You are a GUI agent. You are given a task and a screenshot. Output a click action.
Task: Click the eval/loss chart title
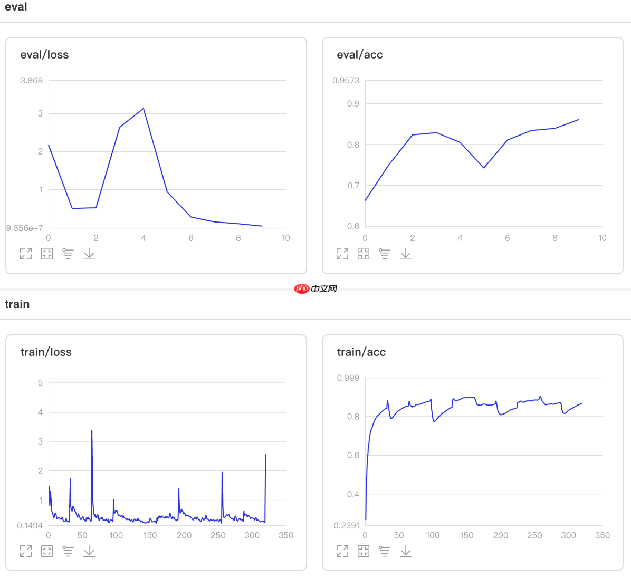(44, 55)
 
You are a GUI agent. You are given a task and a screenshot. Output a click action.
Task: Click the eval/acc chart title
(360, 55)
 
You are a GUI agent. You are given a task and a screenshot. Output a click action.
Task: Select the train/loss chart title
(46, 352)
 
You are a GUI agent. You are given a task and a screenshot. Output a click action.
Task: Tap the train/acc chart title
(361, 352)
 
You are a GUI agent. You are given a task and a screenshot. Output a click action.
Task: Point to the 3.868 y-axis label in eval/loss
(32, 81)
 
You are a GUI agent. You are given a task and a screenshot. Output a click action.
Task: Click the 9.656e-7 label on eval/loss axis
(24, 228)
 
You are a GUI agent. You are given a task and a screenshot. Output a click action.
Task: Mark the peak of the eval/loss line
(144, 109)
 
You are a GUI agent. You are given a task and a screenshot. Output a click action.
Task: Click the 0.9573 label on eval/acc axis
(346, 81)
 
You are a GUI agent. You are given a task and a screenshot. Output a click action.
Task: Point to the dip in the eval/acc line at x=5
(484, 168)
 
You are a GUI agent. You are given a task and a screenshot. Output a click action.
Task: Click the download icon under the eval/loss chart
(89, 254)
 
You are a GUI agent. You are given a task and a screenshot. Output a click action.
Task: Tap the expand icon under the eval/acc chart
(342, 254)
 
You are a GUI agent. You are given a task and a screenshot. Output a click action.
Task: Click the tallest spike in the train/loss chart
(92, 431)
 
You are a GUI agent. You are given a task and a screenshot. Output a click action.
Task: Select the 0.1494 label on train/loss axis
(30, 526)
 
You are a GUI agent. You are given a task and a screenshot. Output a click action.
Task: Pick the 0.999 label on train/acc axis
(348, 378)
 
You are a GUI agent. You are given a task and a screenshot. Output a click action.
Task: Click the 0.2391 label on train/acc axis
(346, 526)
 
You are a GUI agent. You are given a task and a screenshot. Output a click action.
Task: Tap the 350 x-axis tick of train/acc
(602, 535)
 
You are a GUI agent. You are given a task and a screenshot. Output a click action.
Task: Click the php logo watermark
(302, 288)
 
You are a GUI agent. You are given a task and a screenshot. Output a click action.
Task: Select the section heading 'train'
(17, 304)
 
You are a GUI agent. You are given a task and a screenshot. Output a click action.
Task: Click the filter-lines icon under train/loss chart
(68, 551)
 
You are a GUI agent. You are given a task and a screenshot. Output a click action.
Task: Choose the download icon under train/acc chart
(406, 551)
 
